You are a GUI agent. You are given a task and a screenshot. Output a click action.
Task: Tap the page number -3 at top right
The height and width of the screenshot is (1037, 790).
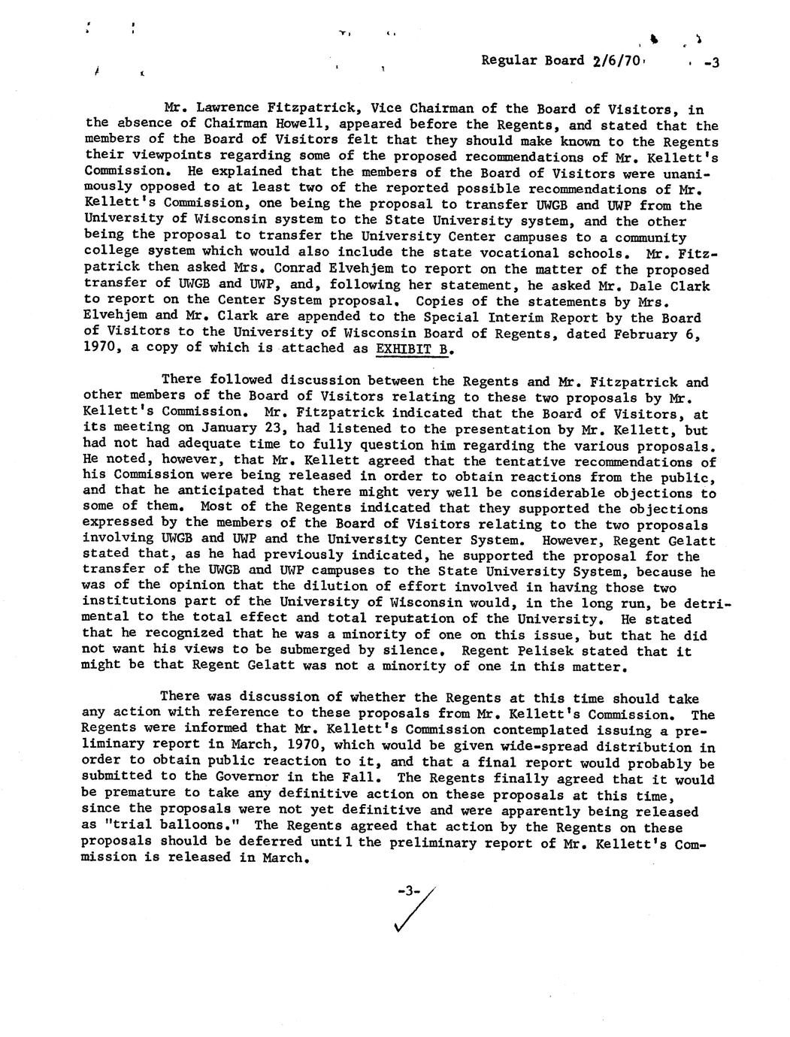[710, 63]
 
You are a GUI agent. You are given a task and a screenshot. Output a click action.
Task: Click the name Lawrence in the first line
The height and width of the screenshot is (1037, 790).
[229, 110]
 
